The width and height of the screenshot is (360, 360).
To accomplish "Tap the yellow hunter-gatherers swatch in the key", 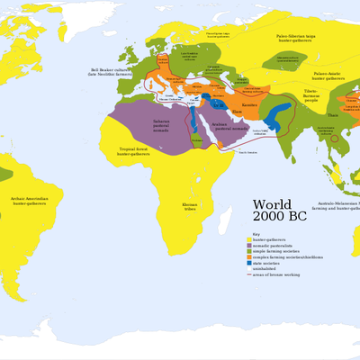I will tap(248, 240).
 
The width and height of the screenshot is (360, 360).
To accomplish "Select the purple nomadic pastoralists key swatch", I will tap(248, 247).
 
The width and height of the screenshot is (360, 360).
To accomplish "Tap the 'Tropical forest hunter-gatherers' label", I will tap(130, 149).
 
